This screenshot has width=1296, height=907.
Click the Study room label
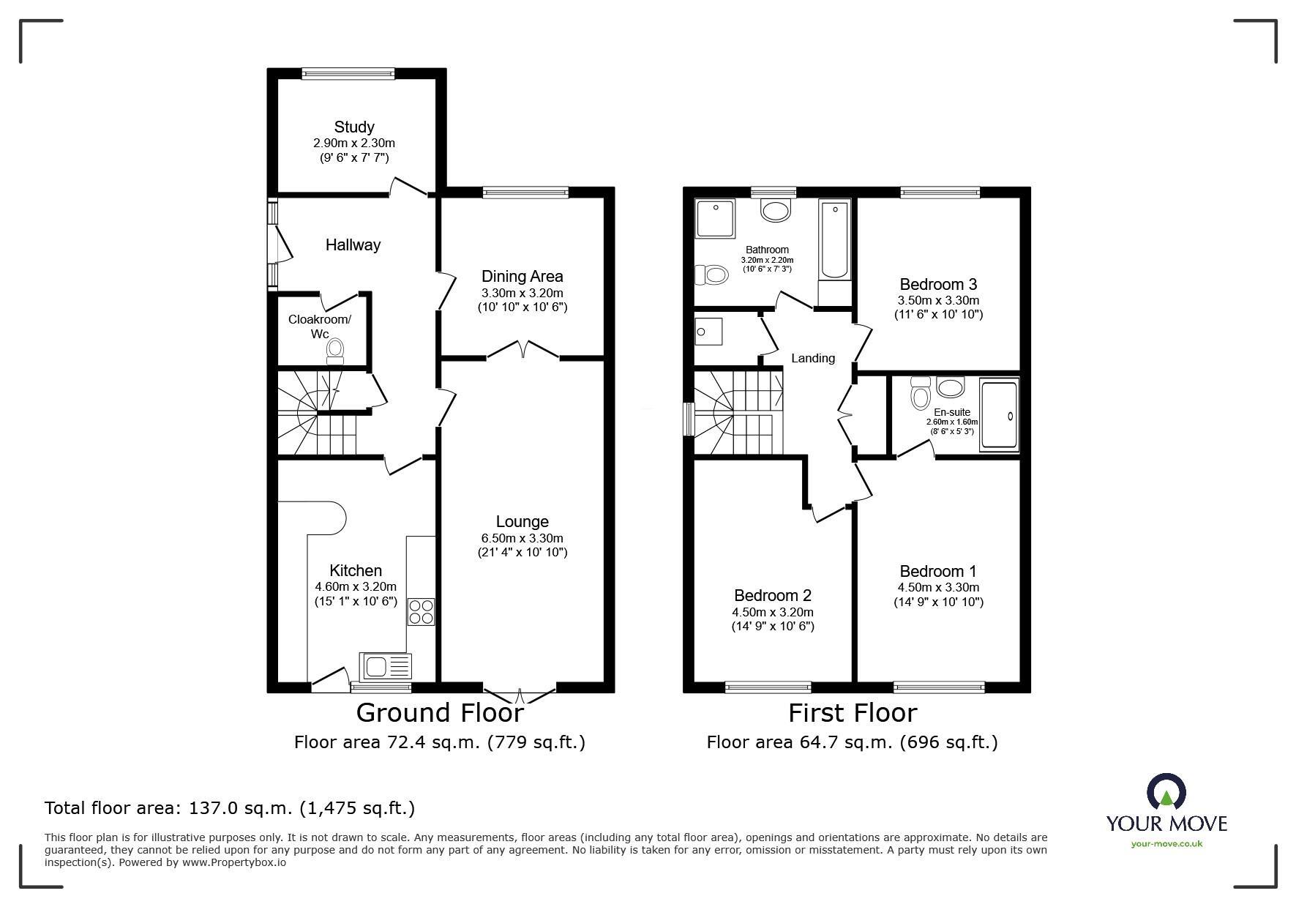354,127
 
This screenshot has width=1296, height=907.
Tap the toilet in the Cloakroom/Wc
335,351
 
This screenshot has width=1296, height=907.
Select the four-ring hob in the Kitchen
421,611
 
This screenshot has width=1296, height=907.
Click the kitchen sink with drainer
386,666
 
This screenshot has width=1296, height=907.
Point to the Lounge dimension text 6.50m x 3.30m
522,538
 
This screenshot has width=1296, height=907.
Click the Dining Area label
522,276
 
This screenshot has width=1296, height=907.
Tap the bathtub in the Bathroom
835,240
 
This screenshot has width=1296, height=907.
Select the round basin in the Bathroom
776,211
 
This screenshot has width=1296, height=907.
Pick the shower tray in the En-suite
999,414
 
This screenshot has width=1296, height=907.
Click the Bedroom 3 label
938,284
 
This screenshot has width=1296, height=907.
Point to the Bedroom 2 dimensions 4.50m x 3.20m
773,612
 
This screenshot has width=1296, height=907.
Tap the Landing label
813,358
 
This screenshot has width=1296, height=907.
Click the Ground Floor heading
440,712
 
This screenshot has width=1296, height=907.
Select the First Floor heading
853,712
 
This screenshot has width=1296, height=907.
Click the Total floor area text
230,808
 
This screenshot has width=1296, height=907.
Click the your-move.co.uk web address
1166,843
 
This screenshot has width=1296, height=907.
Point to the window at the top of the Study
348,72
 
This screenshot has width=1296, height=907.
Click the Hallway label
353,245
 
